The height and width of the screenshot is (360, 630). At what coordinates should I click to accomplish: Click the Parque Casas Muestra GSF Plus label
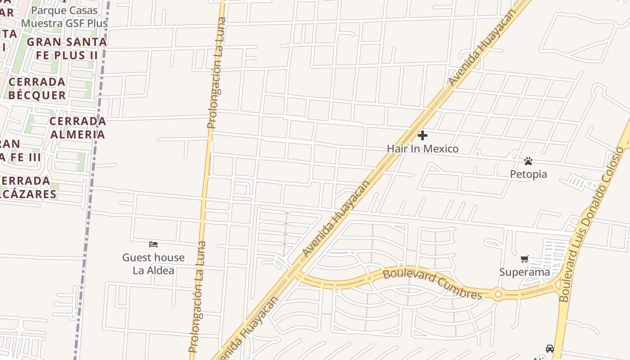[64, 17]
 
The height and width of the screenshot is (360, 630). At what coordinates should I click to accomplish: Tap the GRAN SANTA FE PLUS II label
[67, 49]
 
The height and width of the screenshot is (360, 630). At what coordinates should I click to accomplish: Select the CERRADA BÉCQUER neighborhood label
[37, 89]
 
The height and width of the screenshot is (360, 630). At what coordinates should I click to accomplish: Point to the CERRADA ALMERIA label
[78, 128]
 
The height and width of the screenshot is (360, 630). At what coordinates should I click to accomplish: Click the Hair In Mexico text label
[423, 149]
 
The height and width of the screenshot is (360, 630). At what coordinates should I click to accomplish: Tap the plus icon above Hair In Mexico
[423, 135]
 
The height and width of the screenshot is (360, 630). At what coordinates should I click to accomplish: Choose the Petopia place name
[528, 174]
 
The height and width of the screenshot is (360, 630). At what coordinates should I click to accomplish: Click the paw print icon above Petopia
[528, 161]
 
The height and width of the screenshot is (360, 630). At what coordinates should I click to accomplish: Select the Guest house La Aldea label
[153, 264]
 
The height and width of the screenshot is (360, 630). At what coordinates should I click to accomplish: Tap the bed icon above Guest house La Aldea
[153, 244]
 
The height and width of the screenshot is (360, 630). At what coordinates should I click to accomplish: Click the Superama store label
[525, 272]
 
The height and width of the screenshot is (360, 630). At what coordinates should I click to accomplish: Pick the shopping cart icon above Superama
[525, 259]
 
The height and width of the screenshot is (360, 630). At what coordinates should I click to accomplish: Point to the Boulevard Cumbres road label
[432, 283]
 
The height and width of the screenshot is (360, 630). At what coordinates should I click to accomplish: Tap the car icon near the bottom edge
[549, 348]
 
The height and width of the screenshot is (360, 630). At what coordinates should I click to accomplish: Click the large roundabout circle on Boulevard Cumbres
[498, 295]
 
